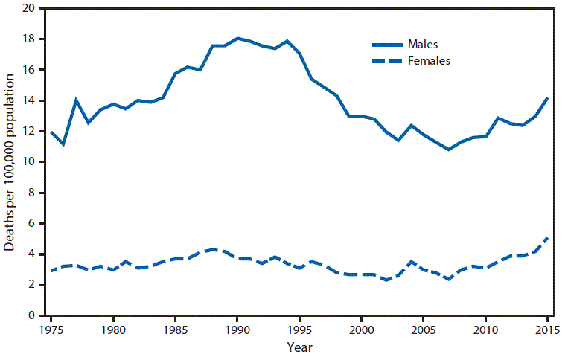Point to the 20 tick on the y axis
click(28, 8)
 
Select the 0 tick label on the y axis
click(31, 315)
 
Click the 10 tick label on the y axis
click(28, 162)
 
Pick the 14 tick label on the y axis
click(28, 100)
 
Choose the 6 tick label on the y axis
click(31, 223)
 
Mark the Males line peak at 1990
click(237, 38)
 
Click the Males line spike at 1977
click(76, 100)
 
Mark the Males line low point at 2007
click(448, 150)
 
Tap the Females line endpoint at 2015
click(547, 237)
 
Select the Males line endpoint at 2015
click(547, 98)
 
